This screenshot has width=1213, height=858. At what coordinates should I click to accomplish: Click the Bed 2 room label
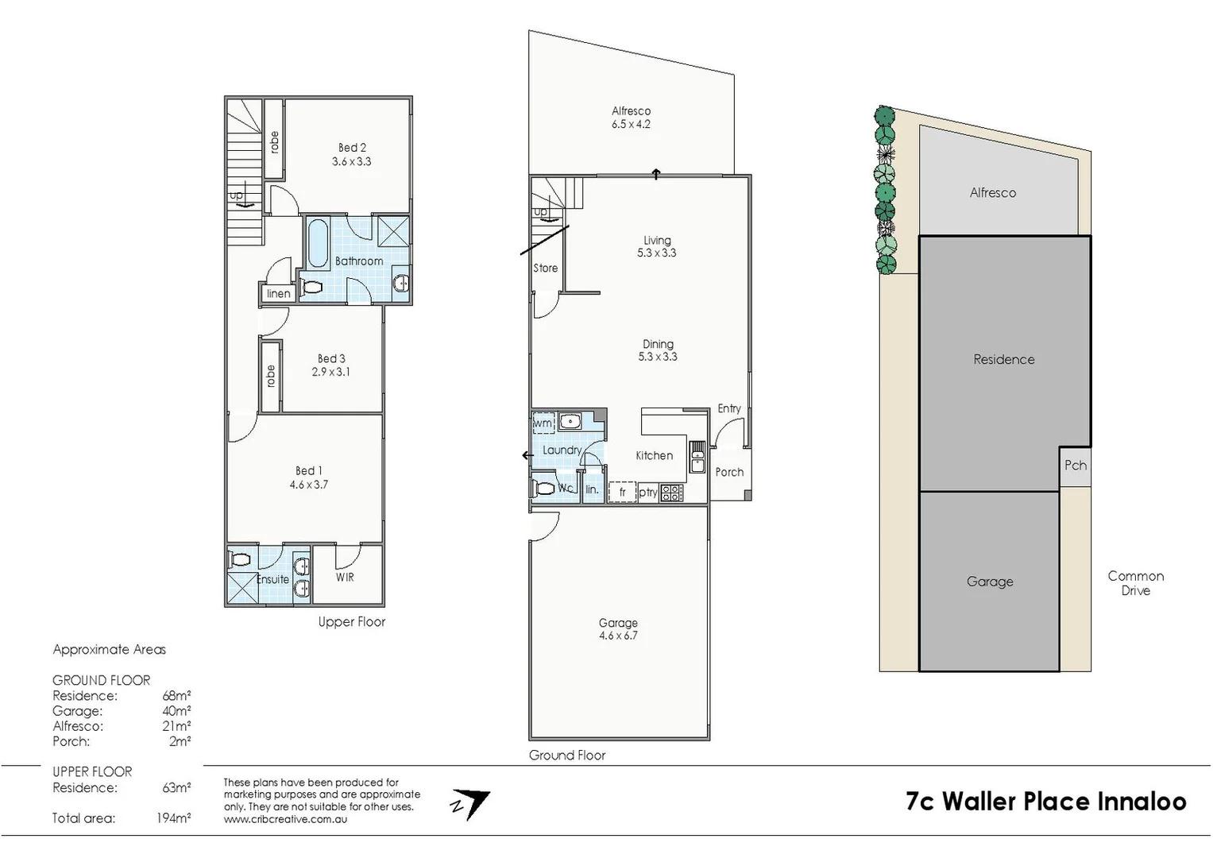(352, 148)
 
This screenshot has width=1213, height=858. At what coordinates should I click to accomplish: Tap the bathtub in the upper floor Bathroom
(318, 243)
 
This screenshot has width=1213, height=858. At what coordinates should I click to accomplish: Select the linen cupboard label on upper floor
(278, 294)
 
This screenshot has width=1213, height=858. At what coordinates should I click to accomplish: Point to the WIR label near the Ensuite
(345, 578)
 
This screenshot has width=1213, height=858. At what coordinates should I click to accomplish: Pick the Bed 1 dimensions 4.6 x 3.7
(309, 485)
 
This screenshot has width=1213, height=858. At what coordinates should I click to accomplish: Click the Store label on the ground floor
(546, 269)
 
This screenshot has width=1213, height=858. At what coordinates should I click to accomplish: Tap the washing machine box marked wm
(543, 423)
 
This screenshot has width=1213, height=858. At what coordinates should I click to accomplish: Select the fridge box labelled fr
(622, 493)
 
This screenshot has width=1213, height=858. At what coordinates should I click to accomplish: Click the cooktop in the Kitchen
(671, 493)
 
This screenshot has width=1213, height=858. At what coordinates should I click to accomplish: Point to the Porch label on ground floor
(729, 472)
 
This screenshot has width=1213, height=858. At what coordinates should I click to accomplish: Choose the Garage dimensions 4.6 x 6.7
(618, 636)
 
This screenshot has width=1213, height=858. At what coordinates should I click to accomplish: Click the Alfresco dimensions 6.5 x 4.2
(631, 125)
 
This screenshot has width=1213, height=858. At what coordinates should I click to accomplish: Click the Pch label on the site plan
(1075, 466)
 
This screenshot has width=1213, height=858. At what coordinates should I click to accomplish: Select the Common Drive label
(1135, 583)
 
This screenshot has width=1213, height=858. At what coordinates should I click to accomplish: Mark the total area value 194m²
(173, 818)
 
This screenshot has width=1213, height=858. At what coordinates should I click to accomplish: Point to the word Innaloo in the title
(1142, 802)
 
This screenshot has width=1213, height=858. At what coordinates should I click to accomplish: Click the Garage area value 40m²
(176, 711)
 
